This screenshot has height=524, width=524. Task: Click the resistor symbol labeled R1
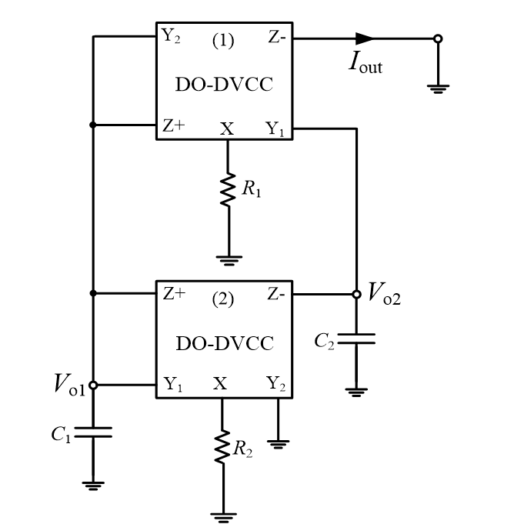point(228,189)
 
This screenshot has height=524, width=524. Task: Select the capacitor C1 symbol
point(93,433)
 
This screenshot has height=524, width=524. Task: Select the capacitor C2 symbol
point(355,339)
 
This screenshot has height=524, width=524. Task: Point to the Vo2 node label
point(384,292)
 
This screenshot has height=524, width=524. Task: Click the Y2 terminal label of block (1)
point(171,36)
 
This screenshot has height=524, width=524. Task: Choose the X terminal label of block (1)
point(226,129)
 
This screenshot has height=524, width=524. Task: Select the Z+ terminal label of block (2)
point(173,293)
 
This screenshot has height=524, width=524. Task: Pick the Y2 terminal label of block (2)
point(275,384)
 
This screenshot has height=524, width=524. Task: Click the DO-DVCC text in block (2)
point(224,343)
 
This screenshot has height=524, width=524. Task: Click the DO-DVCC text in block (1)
point(224,85)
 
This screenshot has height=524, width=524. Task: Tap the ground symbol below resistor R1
point(228,259)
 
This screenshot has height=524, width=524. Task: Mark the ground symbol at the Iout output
point(438,88)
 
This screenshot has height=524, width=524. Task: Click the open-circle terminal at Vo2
point(355,294)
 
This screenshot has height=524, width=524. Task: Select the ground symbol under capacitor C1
point(93,484)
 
